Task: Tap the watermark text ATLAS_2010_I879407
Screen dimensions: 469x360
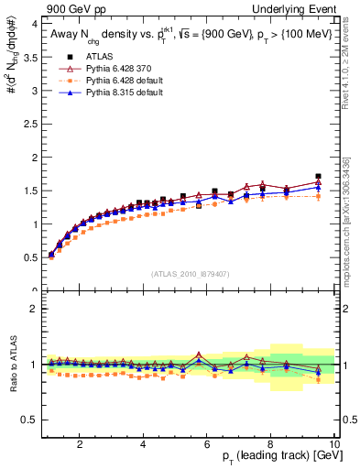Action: click(x=191, y=274)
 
